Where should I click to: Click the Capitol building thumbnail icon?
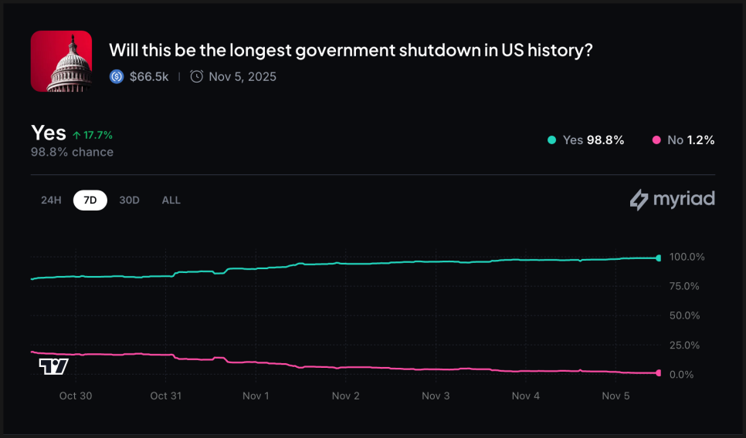pyautogui.click(x=61, y=62)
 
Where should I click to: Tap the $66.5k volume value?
pyautogui.click(x=149, y=76)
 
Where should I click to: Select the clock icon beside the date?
pyautogui.click(x=197, y=76)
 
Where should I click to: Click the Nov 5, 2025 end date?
pyautogui.click(x=242, y=76)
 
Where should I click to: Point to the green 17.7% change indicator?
pyautogui.click(x=93, y=135)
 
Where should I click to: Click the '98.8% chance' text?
pyautogui.click(x=72, y=152)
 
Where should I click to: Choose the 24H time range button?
pyautogui.click(x=51, y=200)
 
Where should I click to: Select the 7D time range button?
pyautogui.click(x=90, y=200)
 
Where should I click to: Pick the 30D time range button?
pyautogui.click(x=129, y=200)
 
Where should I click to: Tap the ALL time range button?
pyautogui.click(x=171, y=200)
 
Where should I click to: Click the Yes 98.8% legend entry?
pyautogui.click(x=585, y=140)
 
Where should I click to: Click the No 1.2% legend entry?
pyautogui.click(x=683, y=140)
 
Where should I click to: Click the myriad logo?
pyautogui.click(x=672, y=200)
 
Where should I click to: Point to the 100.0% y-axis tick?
pyautogui.click(x=687, y=257)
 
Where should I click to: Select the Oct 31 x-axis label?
pyautogui.click(x=165, y=396)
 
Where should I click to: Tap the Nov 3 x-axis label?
pyautogui.click(x=436, y=396)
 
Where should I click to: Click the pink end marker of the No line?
pyautogui.click(x=658, y=373)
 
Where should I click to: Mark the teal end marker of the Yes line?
pyautogui.click(x=658, y=258)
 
